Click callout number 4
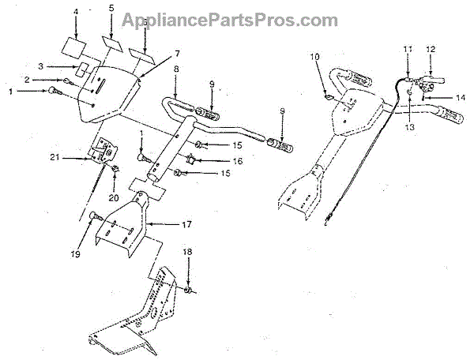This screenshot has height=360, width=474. coord(75,13)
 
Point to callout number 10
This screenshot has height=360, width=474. coord(314,56)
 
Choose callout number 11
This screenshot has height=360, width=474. coord(408,50)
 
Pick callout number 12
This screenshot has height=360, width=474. coord(431,50)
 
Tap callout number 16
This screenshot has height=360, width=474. coord(215,160)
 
